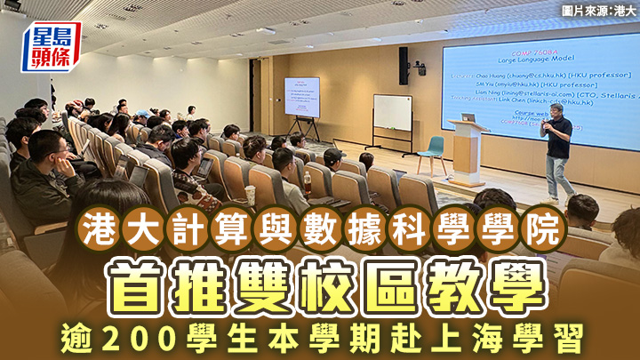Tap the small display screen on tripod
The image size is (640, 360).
click(x=301, y=96)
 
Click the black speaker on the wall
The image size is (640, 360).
click(x=404, y=65)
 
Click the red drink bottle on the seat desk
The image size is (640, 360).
click(x=308, y=185)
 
